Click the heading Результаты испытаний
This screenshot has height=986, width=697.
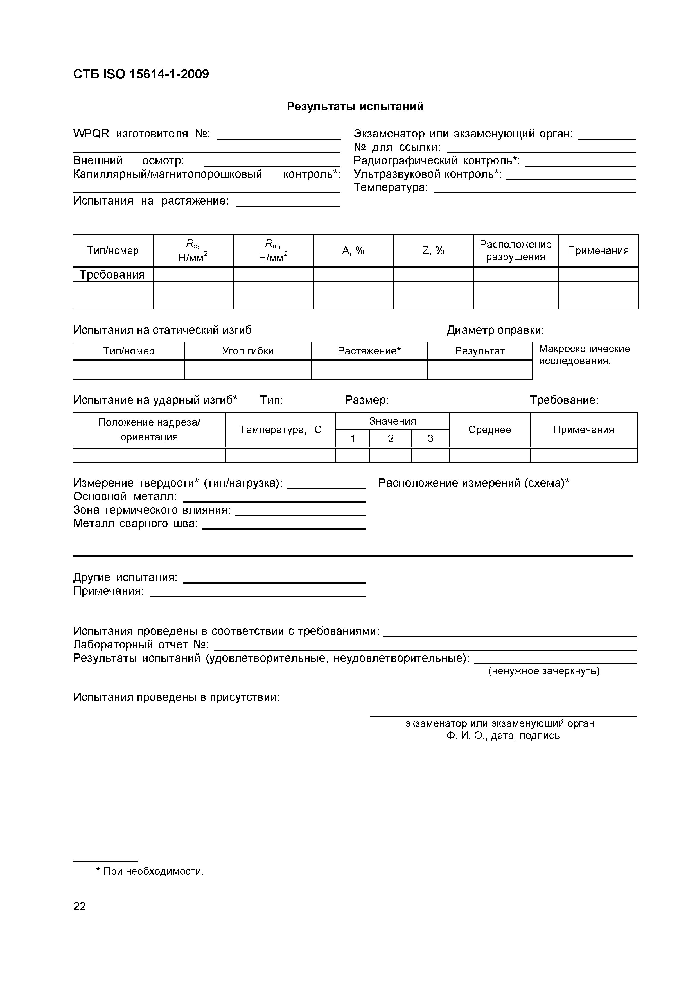click(x=355, y=107)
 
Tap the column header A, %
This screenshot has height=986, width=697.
click(x=353, y=250)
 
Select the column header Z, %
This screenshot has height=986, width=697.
click(x=433, y=250)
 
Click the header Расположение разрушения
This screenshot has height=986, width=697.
click(x=515, y=250)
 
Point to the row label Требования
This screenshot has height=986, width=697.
click(x=112, y=274)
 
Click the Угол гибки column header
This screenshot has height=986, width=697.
click(x=248, y=351)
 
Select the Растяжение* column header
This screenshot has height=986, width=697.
click(x=369, y=351)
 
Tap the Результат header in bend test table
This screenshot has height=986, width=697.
click(x=480, y=351)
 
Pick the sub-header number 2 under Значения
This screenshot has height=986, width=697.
click(x=390, y=438)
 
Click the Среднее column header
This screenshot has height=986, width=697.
click(x=490, y=429)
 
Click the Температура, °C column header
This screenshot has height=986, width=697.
click(x=280, y=429)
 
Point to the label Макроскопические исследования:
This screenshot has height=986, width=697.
click(x=584, y=355)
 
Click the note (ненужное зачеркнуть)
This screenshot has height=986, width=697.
click(x=544, y=671)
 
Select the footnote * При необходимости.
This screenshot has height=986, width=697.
click(x=150, y=871)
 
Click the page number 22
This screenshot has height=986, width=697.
click(x=80, y=906)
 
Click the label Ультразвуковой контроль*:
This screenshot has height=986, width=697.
click(x=427, y=174)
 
